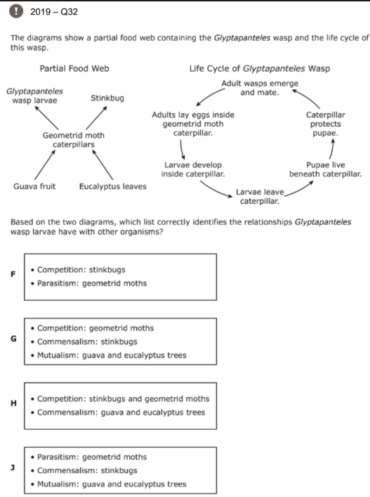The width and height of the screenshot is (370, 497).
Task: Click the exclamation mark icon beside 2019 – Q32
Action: [16, 11]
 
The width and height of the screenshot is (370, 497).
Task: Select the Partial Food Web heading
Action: [74, 68]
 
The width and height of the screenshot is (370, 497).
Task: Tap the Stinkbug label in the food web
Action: [107, 98]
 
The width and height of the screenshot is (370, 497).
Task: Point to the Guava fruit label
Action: [34, 186]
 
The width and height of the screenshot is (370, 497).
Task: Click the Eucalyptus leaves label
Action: [113, 186]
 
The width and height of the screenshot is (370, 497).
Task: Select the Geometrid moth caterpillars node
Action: [74, 140]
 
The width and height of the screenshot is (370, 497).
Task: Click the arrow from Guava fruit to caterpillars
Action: [45, 164]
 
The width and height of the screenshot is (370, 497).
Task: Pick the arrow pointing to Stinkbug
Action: [96, 117]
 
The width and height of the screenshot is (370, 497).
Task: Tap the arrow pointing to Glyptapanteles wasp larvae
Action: [46, 118]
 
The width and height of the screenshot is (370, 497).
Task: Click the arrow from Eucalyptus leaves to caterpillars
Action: [103, 164]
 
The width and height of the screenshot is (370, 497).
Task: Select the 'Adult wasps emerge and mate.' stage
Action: [260, 88]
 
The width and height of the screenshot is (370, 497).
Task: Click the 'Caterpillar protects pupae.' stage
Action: [325, 124]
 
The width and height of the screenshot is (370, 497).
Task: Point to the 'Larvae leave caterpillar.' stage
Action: [260, 197]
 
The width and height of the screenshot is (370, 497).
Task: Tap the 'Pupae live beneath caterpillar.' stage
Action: [325, 169]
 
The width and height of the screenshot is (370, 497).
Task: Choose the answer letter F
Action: [13, 274]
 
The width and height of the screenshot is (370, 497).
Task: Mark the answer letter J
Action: [13, 467]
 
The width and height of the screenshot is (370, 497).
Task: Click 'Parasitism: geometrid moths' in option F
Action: [92, 283]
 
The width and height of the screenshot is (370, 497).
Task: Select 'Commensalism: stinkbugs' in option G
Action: [87, 342]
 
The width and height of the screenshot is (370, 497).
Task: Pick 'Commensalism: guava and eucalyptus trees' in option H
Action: [121, 413]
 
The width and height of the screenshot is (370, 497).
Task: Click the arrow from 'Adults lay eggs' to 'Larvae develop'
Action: [181, 150]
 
